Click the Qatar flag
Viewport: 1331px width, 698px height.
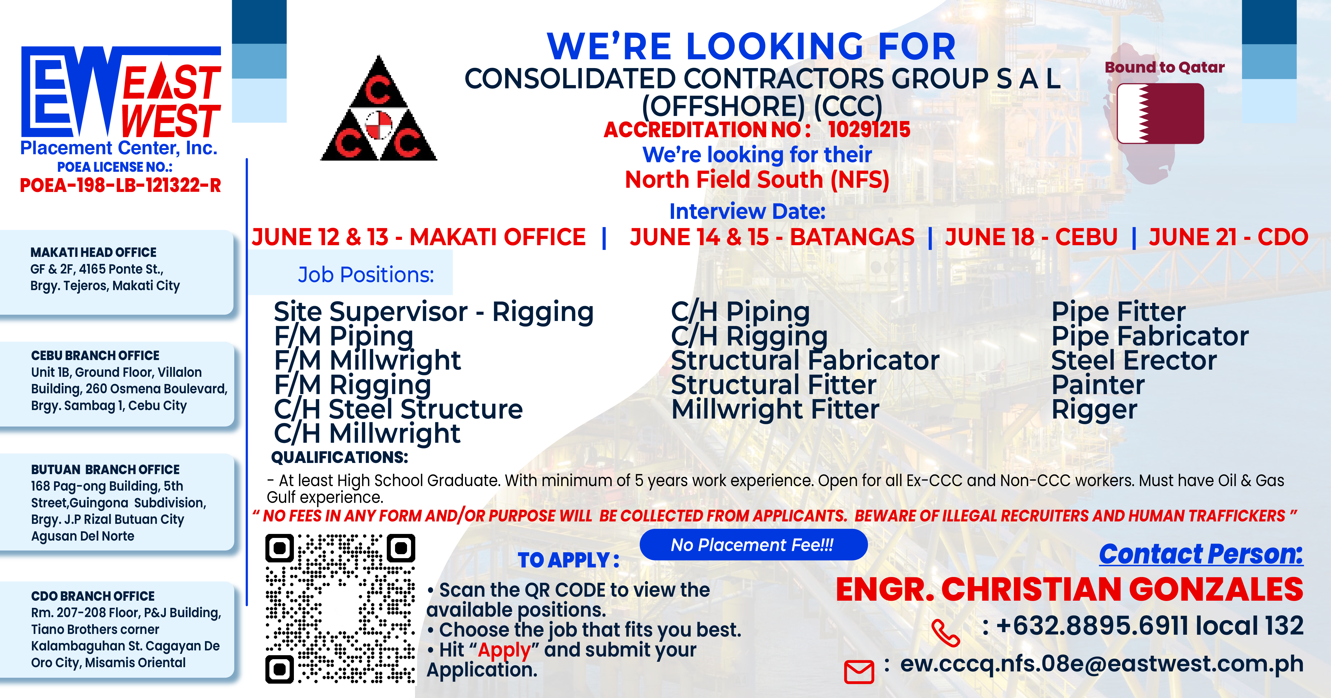[x=1160, y=114]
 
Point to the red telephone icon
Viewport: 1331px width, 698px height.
[x=945, y=633]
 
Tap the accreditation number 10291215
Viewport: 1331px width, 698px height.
[x=869, y=129]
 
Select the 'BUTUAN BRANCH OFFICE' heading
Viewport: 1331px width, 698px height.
[x=105, y=470]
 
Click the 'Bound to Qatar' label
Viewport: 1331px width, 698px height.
[x=1165, y=68]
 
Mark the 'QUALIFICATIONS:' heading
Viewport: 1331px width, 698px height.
[x=339, y=457]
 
